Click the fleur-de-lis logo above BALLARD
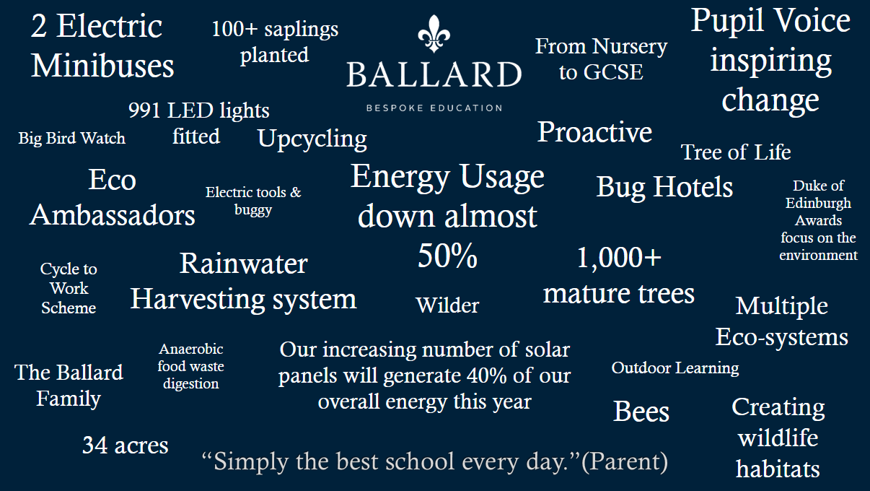coord(434,34)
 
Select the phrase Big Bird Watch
coord(72,138)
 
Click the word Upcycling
coord(312,139)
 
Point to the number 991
coord(144,110)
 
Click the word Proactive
coord(594,132)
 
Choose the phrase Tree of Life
coord(736,152)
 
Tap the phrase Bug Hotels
coord(664,188)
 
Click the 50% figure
coord(447,256)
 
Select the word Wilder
coord(447,305)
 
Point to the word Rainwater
coord(244,264)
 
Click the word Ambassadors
coord(113,215)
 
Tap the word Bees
coord(641,412)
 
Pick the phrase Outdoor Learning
coord(675,368)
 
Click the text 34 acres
coord(125,445)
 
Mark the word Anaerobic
coord(190,349)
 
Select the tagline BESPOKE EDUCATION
coord(434,108)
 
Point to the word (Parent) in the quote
coord(625,461)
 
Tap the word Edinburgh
coord(818,204)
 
